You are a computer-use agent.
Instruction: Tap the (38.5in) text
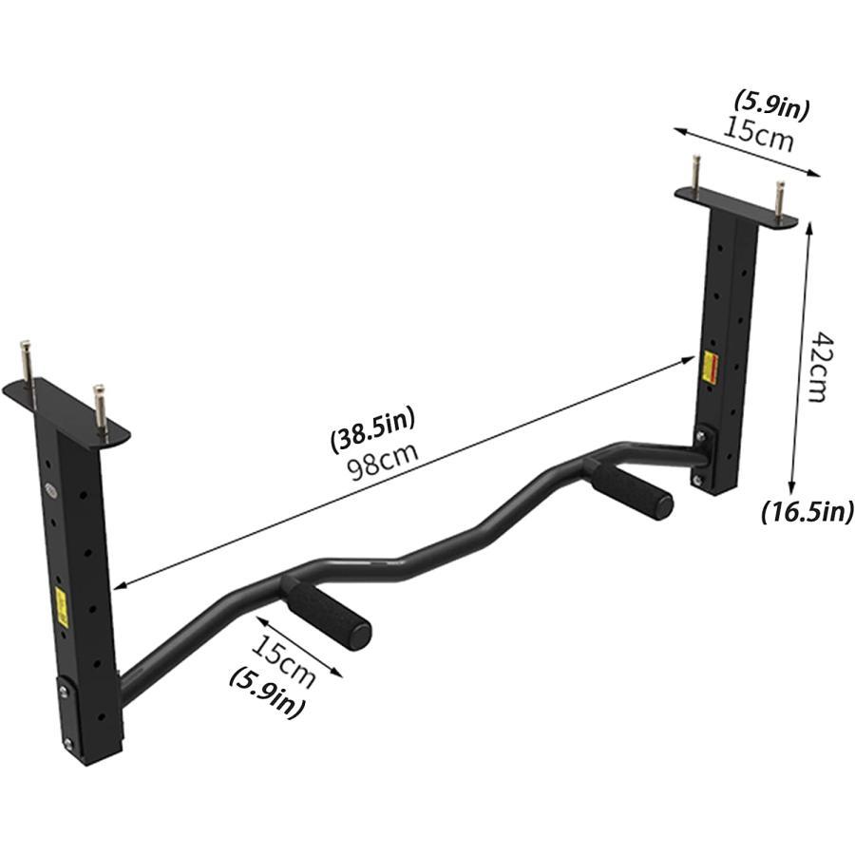(372, 435)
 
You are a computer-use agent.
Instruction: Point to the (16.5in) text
(807, 512)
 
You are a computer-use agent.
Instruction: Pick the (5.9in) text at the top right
(772, 105)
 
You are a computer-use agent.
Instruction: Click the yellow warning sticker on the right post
(707, 368)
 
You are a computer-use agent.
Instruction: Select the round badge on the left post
(49, 491)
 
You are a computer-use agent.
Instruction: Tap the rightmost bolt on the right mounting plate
(780, 199)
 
